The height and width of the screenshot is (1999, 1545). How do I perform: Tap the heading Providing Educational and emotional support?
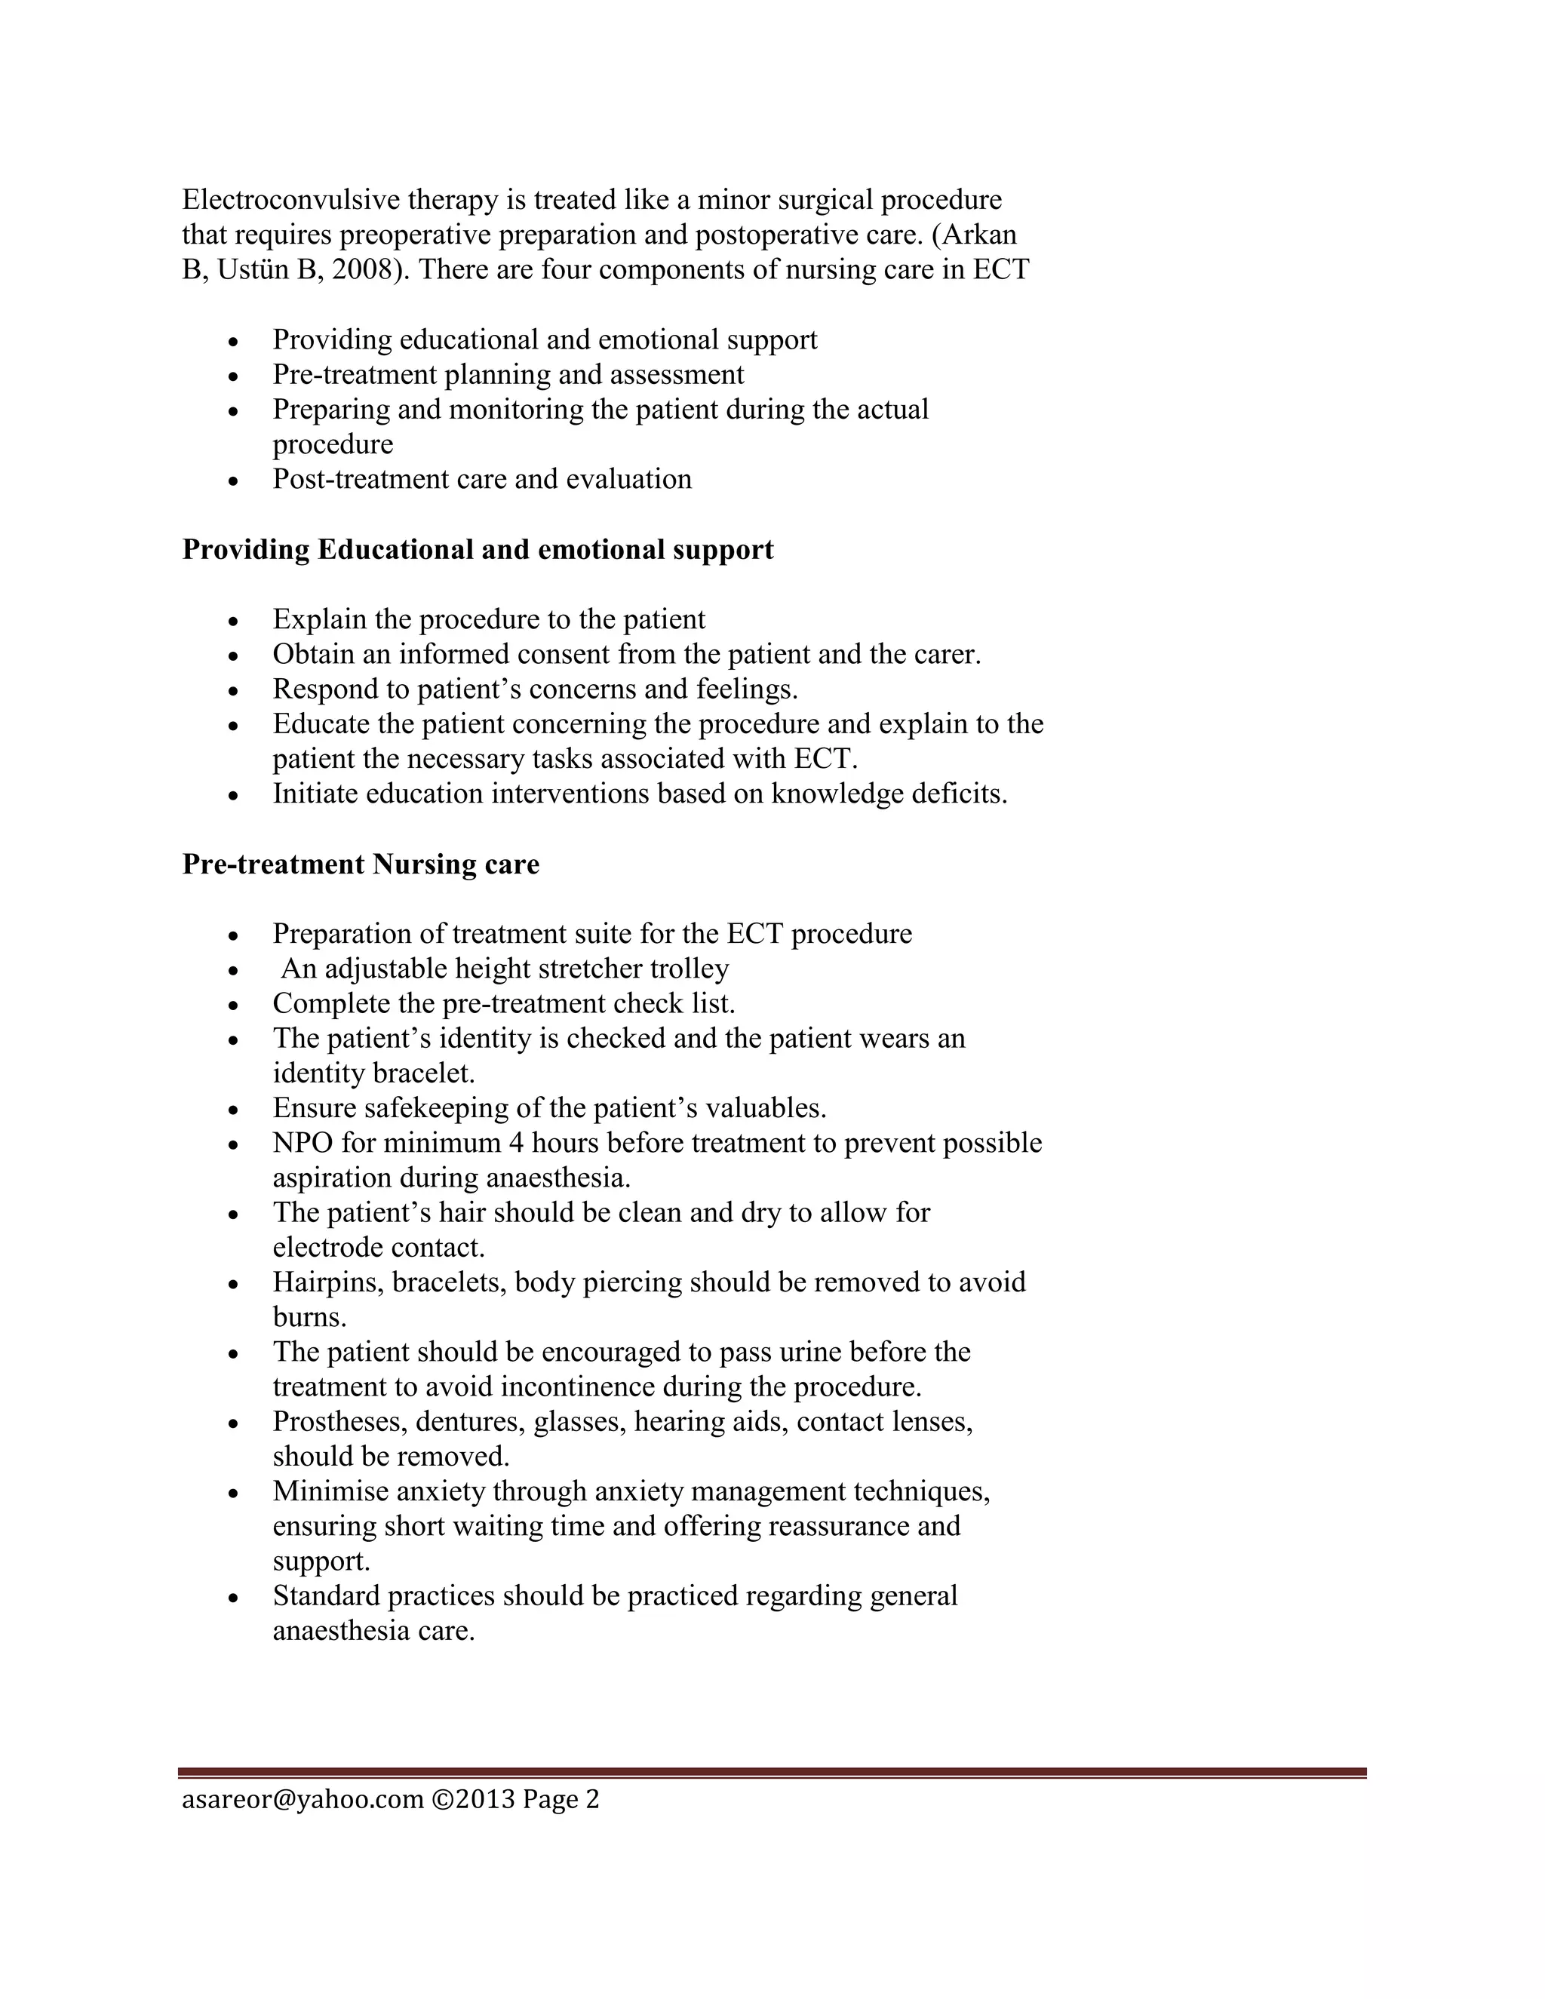(478, 549)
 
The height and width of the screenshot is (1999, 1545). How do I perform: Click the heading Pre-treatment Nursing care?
(361, 864)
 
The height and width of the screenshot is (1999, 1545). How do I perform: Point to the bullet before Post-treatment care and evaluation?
(235, 481)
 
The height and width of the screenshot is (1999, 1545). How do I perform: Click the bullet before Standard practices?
(235, 1597)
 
